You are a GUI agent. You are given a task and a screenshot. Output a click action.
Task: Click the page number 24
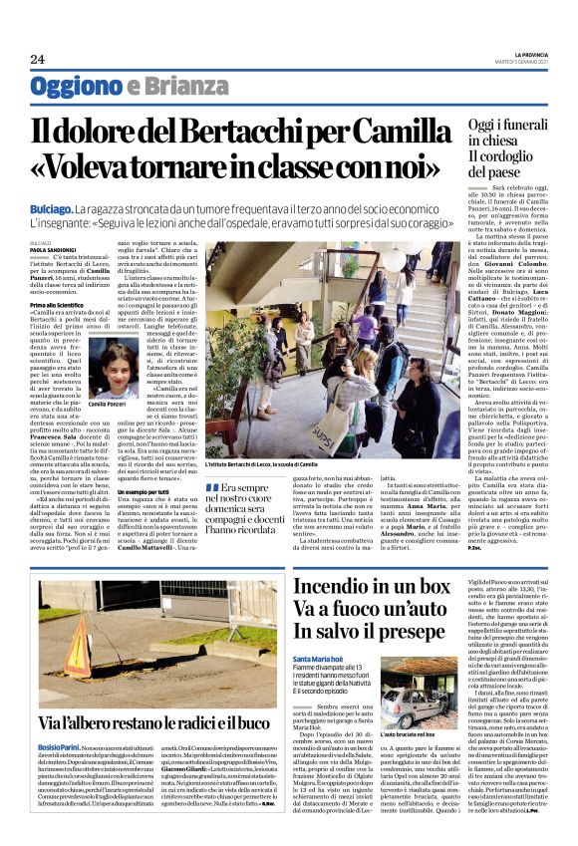pyautogui.click(x=37, y=60)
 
